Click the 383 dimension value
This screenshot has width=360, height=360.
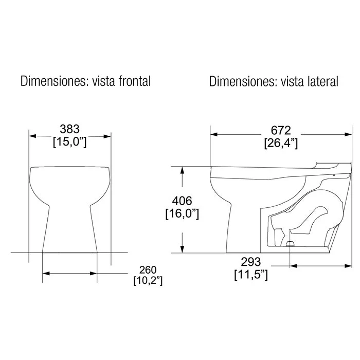click(x=69, y=129)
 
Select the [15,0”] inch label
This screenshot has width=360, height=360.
click(x=70, y=142)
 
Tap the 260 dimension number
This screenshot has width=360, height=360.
click(x=148, y=270)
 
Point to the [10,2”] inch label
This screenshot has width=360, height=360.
click(x=148, y=281)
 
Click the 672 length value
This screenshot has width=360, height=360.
click(x=281, y=131)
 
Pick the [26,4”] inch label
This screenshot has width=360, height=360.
click(x=281, y=143)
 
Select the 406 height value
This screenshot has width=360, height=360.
click(x=182, y=201)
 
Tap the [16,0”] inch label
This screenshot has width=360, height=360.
click(x=182, y=214)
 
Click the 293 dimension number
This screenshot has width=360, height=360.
click(x=251, y=262)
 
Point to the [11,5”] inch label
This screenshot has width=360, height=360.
click(x=251, y=275)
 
